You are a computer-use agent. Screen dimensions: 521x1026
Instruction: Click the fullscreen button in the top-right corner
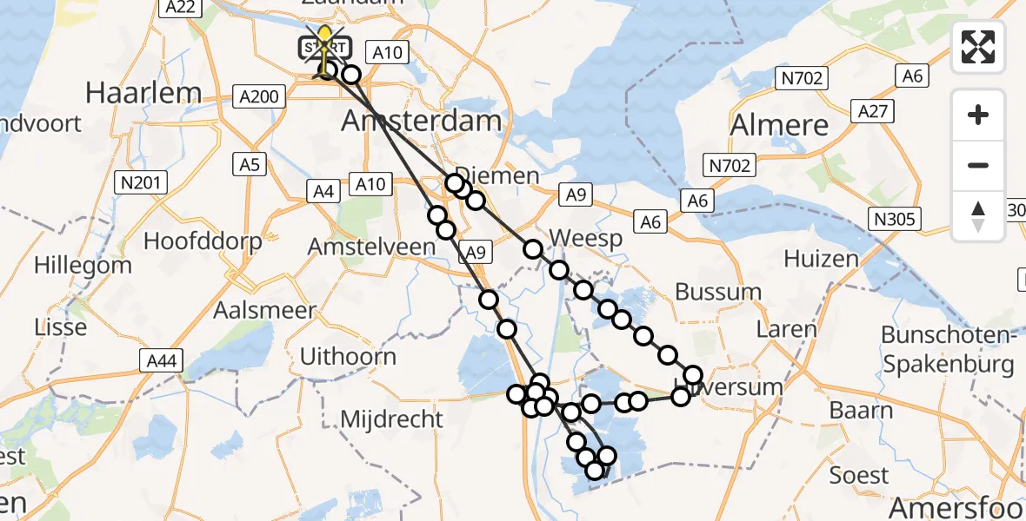(x=978, y=47)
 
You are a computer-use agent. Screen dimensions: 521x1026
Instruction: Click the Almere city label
(x=779, y=125)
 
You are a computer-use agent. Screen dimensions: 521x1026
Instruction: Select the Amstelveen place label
(x=371, y=247)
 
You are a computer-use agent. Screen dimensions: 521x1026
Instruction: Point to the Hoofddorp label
(x=203, y=241)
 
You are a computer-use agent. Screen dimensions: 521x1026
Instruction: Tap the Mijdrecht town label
(x=391, y=419)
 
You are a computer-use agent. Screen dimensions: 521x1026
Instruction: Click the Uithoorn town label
(x=348, y=356)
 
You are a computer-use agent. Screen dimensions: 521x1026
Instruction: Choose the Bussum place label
(x=718, y=292)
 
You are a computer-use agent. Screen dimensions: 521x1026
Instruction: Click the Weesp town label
(x=585, y=238)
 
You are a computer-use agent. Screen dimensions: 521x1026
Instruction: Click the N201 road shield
(x=140, y=182)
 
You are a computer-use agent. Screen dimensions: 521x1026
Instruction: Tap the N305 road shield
(x=895, y=219)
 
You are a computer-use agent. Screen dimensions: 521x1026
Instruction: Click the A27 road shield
(x=872, y=111)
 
